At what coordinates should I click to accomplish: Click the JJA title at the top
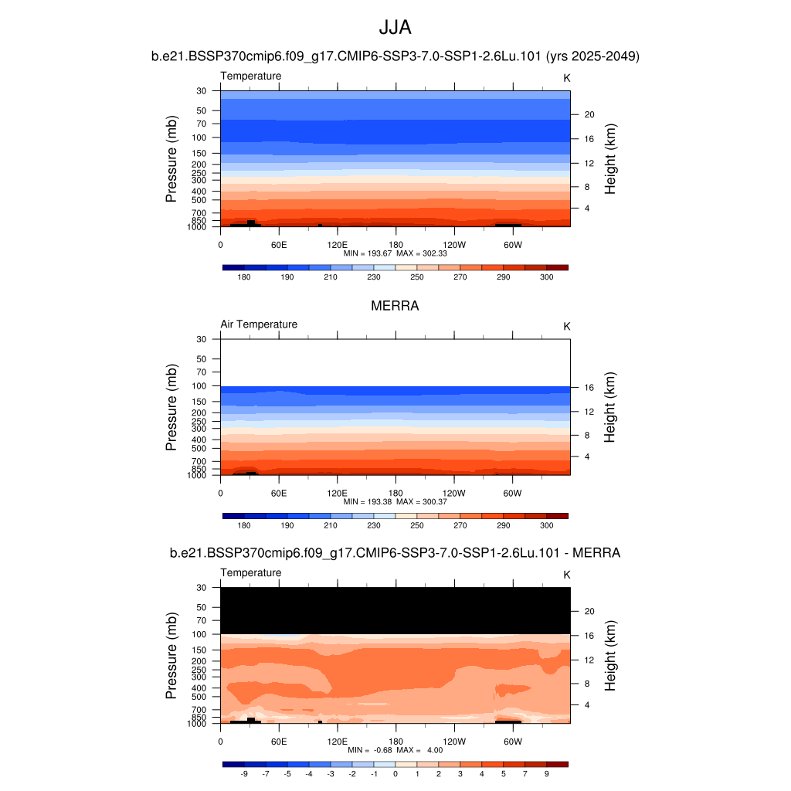(x=395, y=28)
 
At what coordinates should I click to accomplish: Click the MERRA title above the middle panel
(x=395, y=306)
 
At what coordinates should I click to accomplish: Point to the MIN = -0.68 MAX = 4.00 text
(x=395, y=750)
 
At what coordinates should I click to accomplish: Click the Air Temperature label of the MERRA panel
(x=259, y=324)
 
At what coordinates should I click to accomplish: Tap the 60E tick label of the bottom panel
(x=279, y=741)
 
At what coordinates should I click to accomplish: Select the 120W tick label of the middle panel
(x=454, y=493)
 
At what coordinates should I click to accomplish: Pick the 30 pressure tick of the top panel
(x=202, y=91)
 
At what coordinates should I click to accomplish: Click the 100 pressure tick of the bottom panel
(x=199, y=634)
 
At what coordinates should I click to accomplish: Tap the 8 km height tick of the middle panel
(x=586, y=436)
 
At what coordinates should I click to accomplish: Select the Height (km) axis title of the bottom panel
(x=610, y=656)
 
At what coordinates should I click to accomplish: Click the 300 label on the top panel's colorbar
(x=546, y=277)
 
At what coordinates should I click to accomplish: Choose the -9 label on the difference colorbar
(x=244, y=773)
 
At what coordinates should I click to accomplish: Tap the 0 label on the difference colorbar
(x=395, y=773)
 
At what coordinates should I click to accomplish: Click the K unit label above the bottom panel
(x=567, y=575)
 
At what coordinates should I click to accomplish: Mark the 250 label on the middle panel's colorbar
(x=416, y=525)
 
